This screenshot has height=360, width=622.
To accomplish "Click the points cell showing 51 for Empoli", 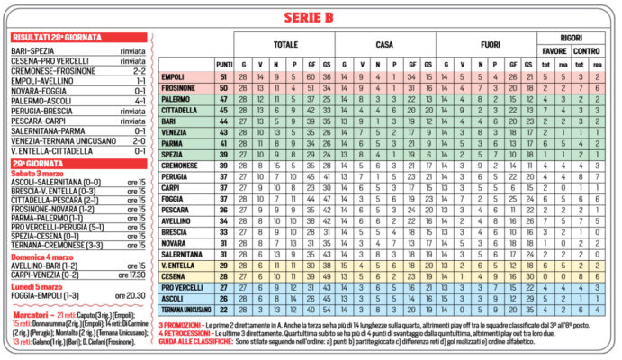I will [x=223, y=77].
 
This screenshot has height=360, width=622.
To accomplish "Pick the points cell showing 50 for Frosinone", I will [x=223, y=88].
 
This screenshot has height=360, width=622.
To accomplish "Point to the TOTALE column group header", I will [x=284, y=43].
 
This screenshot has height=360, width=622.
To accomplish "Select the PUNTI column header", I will [x=223, y=65].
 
